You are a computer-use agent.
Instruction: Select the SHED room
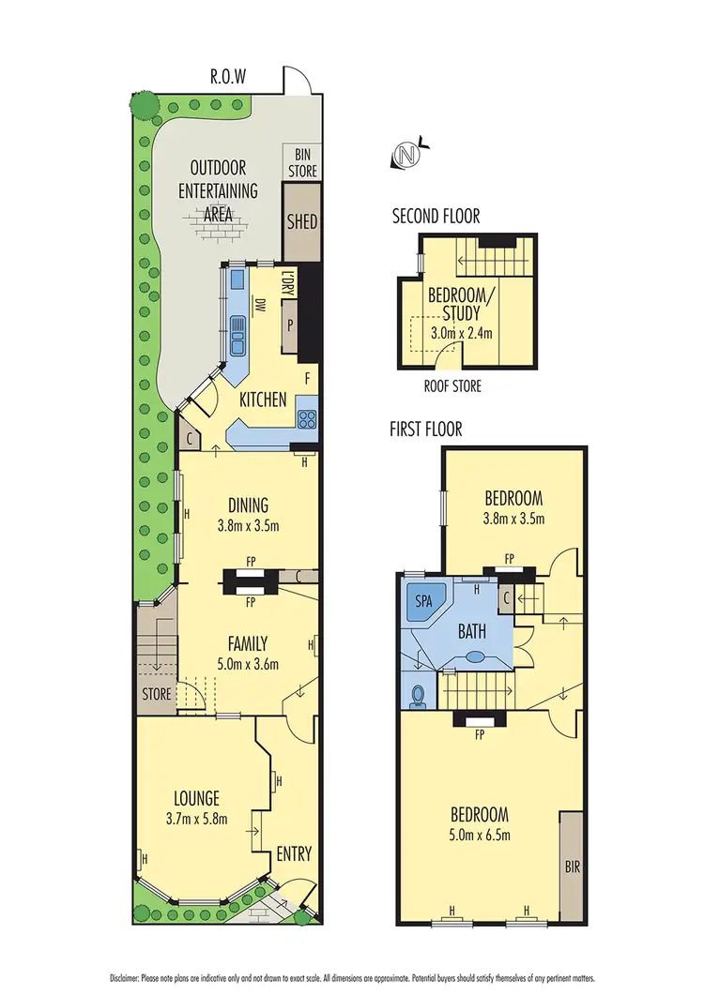[301, 222]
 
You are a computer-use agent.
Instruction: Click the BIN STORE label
[301, 163]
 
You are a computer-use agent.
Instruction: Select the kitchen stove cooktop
[307, 418]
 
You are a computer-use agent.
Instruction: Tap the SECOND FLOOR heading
[436, 217]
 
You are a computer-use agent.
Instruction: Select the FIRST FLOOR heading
[425, 430]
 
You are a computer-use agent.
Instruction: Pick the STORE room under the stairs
[157, 695]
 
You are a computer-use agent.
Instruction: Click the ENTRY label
[293, 854]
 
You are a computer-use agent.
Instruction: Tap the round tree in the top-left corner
[144, 104]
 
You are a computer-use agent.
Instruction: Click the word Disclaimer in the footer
[126, 976]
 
